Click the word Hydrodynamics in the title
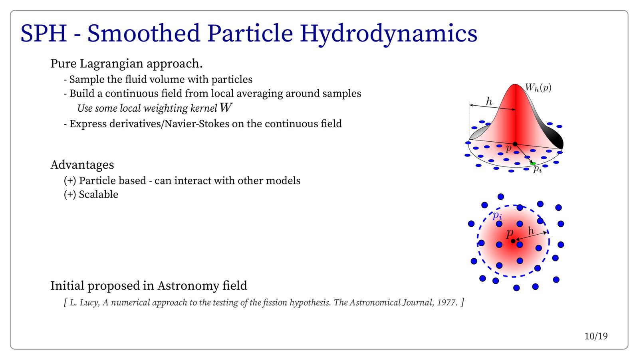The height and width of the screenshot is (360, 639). click(x=389, y=34)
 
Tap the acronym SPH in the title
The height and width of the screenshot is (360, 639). click(x=44, y=34)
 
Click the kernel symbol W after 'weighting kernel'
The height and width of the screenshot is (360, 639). click(x=226, y=108)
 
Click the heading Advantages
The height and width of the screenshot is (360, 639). click(x=82, y=165)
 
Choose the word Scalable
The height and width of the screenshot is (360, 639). click(x=98, y=194)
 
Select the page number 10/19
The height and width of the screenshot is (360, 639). click(x=596, y=336)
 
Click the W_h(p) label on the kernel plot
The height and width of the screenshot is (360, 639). click(x=538, y=87)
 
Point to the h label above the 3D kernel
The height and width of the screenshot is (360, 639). click(x=489, y=101)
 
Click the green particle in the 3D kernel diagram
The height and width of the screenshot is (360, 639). click(x=532, y=163)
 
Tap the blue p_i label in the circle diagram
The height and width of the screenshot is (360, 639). click(x=497, y=215)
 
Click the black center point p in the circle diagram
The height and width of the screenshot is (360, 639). click(x=513, y=241)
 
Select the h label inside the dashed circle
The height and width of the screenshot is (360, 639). click(x=531, y=230)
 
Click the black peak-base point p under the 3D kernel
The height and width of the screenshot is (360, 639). click(x=515, y=144)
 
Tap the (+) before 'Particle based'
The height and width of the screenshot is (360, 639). click(x=70, y=181)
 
